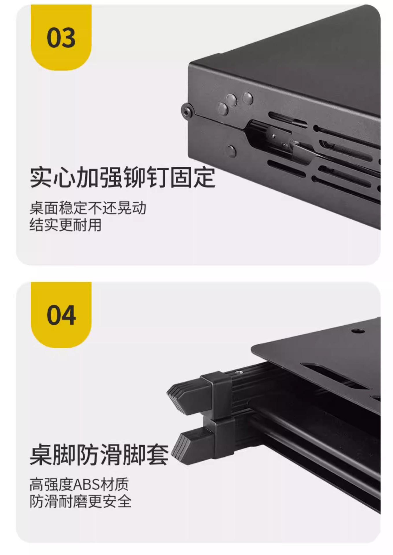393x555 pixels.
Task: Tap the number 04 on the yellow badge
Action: [61, 315]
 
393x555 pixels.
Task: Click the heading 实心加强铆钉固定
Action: [123, 177]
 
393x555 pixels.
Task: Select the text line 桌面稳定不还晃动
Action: [88, 208]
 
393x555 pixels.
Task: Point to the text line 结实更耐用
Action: [66, 225]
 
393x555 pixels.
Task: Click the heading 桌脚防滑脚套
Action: [99, 455]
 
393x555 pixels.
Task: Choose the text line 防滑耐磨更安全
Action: [80, 502]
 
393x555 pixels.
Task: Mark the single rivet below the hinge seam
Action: [231, 151]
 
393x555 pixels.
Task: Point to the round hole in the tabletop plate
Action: [358, 330]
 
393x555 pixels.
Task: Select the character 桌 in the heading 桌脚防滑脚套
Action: [41, 455]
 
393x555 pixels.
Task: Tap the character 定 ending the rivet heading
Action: [204, 177]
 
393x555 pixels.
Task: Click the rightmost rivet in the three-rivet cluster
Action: [248, 98]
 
